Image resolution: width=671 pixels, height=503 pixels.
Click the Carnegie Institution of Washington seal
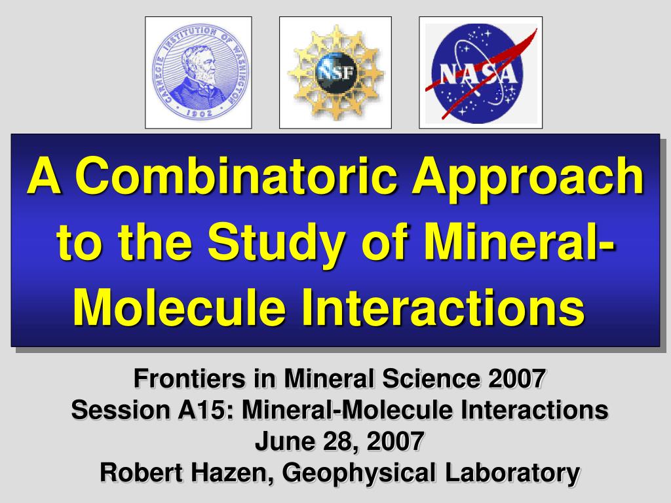click(x=199, y=71)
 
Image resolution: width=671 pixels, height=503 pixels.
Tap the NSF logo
click(x=335, y=72)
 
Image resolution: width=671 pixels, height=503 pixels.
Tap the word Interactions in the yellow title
click(x=442, y=307)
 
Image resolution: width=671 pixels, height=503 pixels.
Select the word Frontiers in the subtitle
click(x=190, y=379)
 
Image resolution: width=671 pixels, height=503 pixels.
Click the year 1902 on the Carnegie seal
click(x=199, y=113)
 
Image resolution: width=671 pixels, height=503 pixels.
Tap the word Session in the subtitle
click(x=121, y=410)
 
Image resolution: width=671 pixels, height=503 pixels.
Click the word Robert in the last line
click(x=142, y=473)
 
